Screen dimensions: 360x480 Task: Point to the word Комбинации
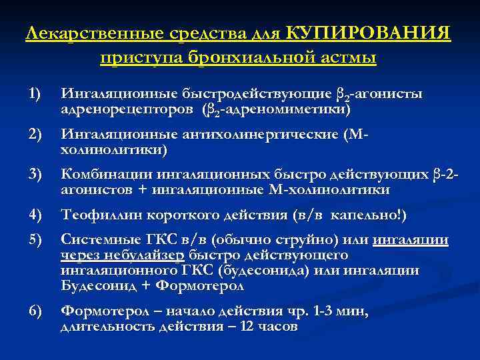coord(106,176)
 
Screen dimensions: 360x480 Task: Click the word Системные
coord(96,240)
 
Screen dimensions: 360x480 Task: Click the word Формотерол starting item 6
coord(101,312)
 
